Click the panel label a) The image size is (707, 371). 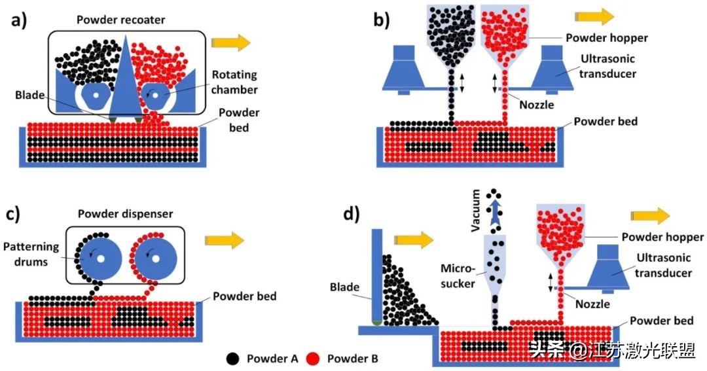[19, 20]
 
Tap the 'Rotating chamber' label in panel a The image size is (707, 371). [234, 82]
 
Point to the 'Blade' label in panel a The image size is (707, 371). [28, 95]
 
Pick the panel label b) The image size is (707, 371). [382, 20]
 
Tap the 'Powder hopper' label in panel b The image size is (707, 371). [609, 37]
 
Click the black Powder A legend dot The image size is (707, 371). [232, 358]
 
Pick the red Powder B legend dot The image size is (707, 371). [314, 358]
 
